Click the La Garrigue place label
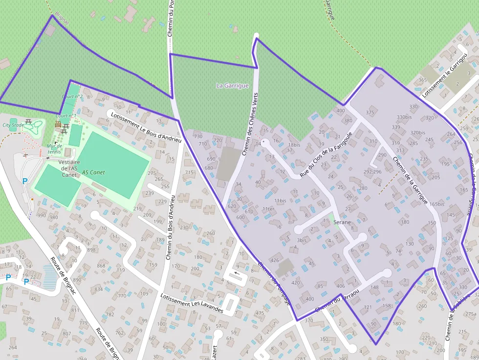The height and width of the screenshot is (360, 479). pos(232,85)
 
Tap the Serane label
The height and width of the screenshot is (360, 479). pos(342,222)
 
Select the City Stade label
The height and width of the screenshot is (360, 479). pos(13,125)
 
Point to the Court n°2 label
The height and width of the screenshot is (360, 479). pos(72,97)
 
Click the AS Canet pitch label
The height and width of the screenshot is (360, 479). pos(93,172)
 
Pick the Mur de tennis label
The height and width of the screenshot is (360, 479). pos(54,148)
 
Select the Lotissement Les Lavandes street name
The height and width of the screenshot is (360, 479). pos(192,303)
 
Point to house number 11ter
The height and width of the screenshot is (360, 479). pos(269,209)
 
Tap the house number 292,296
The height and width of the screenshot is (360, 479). pos(372,172)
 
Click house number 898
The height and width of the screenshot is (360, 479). pos(91,250)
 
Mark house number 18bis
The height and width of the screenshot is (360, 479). pos(294,145)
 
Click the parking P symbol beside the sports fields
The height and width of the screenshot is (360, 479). pos(25,181)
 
